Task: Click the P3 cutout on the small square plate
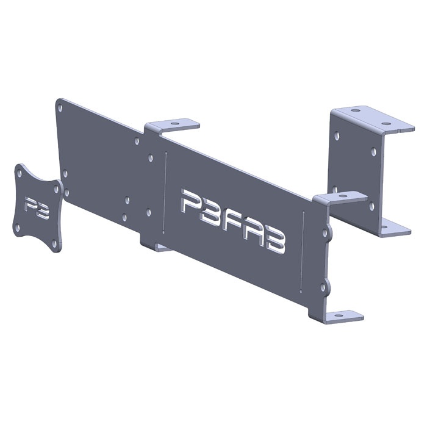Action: [x=36, y=208]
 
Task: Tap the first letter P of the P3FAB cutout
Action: [x=193, y=203]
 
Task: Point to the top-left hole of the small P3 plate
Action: [x=19, y=173]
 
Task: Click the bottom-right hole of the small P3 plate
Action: [x=54, y=243]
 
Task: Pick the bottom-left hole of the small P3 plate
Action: [x=17, y=228]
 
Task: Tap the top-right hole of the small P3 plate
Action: [x=56, y=188]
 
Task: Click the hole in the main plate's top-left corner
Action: [x=60, y=109]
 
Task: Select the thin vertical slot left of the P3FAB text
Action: [x=165, y=193]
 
